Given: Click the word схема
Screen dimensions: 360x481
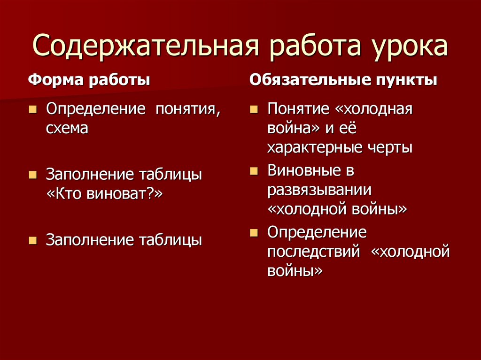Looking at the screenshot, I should click(x=67, y=128).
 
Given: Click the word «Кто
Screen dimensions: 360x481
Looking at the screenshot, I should click(x=64, y=194).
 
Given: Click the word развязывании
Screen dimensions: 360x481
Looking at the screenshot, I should click(x=319, y=190).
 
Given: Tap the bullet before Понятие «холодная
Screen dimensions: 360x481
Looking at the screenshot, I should click(x=254, y=110).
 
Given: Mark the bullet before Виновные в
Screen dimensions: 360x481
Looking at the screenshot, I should click(x=254, y=171).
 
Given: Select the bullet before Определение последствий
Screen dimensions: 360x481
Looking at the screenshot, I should click(x=254, y=233).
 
